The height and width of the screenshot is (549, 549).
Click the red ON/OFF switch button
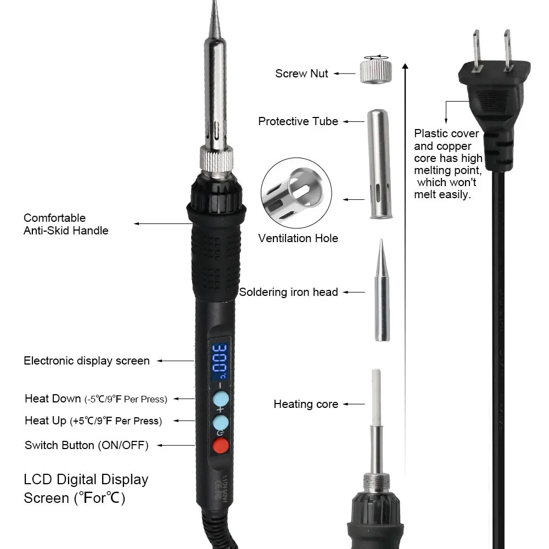pyautogui.click(x=221, y=445)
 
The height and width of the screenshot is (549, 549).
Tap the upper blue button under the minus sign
pyautogui.click(x=221, y=399)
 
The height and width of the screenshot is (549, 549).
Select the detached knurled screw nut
pyautogui.click(x=376, y=71)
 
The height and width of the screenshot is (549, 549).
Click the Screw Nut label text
pyautogui.click(x=301, y=74)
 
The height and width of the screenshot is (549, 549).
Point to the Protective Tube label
pyautogui.click(x=298, y=121)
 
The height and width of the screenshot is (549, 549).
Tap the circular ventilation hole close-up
pyautogui.click(x=296, y=193)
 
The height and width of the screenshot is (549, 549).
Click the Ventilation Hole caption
pyautogui.click(x=298, y=238)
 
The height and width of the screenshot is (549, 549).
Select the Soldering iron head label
pyautogui.click(x=289, y=292)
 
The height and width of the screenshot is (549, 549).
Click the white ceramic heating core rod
pyautogui.click(x=377, y=397)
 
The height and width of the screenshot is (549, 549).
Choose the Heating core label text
pyautogui.click(x=306, y=404)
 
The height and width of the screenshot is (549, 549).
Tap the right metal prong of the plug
pyautogui.click(x=508, y=50)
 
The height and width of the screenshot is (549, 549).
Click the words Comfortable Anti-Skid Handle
pyautogui.click(x=66, y=224)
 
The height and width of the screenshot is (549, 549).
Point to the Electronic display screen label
pyautogui.click(x=87, y=361)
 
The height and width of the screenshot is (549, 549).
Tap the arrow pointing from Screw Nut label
pyautogui.click(x=345, y=74)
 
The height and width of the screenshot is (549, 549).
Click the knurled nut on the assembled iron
pyautogui.click(x=216, y=159)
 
